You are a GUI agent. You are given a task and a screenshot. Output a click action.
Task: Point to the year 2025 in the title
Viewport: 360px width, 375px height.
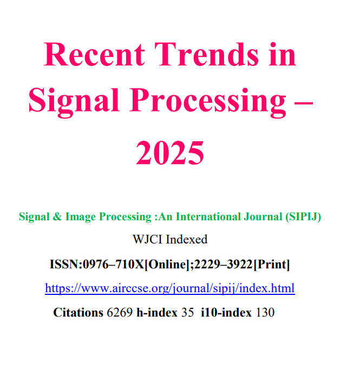(170, 153)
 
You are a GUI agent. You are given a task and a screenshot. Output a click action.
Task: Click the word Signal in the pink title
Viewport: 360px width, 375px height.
(73, 101)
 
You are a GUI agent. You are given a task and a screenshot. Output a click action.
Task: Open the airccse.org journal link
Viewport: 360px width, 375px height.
(169, 288)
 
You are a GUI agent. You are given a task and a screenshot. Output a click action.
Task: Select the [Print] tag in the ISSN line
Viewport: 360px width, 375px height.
(272, 265)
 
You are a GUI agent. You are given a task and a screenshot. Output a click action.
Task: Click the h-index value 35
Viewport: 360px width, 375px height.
(187, 313)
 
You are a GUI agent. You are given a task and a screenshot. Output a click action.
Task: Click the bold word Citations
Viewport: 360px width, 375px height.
(78, 313)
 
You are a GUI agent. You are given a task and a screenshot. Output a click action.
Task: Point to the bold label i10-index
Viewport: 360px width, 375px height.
(226, 313)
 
